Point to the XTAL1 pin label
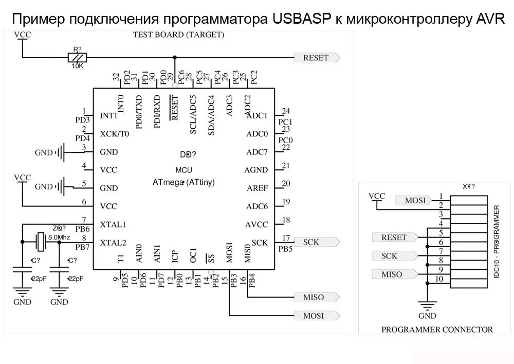[x=113, y=224]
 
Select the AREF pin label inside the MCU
[x=257, y=188]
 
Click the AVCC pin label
[x=256, y=224]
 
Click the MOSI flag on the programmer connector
[x=414, y=200]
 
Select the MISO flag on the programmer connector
[x=393, y=274]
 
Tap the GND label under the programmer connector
[x=427, y=316]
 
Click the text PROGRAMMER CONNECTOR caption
[x=437, y=330]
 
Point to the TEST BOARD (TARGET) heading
[x=178, y=35]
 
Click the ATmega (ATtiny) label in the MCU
[x=183, y=182]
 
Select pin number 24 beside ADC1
[x=286, y=111]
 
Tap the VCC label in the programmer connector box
[x=377, y=196]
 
